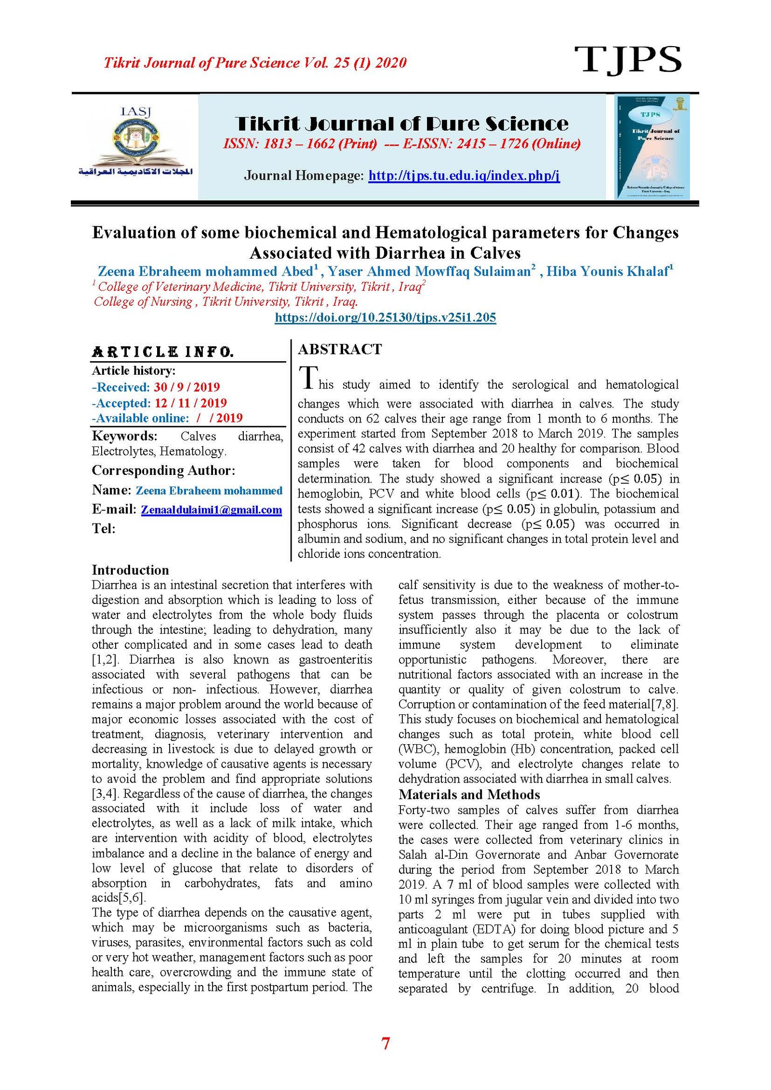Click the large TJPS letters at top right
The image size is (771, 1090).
click(627, 60)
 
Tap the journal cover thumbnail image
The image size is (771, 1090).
click(652, 147)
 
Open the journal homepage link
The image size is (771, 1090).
click(464, 175)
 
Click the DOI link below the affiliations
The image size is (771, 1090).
click(385, 317)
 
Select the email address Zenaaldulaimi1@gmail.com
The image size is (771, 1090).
click(211, 510)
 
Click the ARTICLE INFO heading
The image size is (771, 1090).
click(163, 352)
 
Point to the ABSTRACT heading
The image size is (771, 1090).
click(340, 349)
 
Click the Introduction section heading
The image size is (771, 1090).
click(130, 570)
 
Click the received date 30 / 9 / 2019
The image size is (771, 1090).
click(186, 387)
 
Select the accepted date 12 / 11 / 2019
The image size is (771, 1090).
click(190, 403)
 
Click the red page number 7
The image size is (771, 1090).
click(385, 1043)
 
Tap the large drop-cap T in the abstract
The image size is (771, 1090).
click(308, 377)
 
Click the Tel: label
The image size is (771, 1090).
click(104, 528)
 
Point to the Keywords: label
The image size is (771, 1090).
click(124, 436)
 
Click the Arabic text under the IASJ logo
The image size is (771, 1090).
click(135, 172)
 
